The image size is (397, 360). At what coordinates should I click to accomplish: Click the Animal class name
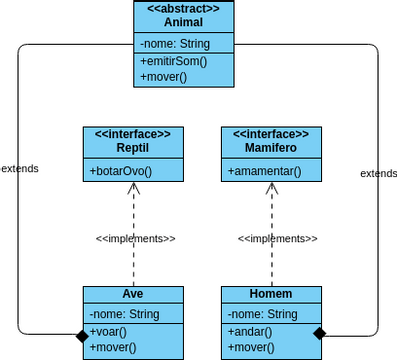tap(183, 22)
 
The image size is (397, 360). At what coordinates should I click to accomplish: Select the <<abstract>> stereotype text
tap(183, 9)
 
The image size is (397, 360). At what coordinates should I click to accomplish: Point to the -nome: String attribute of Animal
tap(176, 44)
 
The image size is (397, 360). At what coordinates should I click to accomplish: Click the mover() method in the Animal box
tap(165, 77)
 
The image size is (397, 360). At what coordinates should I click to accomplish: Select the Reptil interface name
tap(132, 148)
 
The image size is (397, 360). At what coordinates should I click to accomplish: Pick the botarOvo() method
tap(121, 171)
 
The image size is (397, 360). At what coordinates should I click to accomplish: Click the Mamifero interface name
tap(270, 148)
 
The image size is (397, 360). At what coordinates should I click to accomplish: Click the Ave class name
tap(133, 294)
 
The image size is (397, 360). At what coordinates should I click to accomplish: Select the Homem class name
tap(270, 294)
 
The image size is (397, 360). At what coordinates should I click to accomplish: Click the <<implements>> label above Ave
tap(135, 239)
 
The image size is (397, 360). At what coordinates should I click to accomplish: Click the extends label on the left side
tap(20, 168)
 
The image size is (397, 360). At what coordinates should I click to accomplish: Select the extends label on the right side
tap(378, 173)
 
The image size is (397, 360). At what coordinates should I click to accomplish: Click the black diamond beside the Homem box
tap(320, 332)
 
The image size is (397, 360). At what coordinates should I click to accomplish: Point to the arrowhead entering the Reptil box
tap(132, 187)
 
